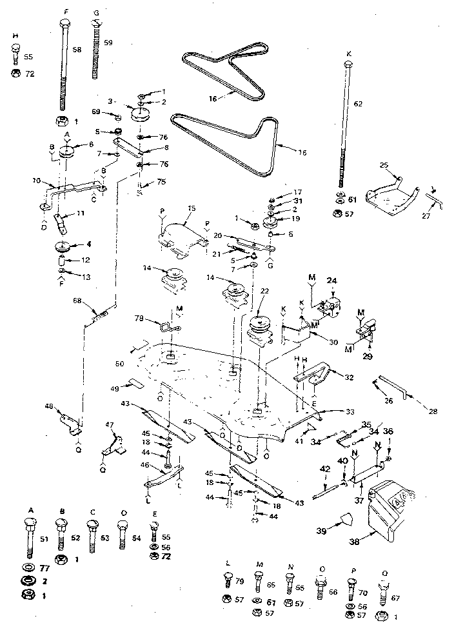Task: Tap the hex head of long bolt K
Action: point(349,64)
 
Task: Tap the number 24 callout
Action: point(333,281)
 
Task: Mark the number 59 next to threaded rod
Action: point(108,43)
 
